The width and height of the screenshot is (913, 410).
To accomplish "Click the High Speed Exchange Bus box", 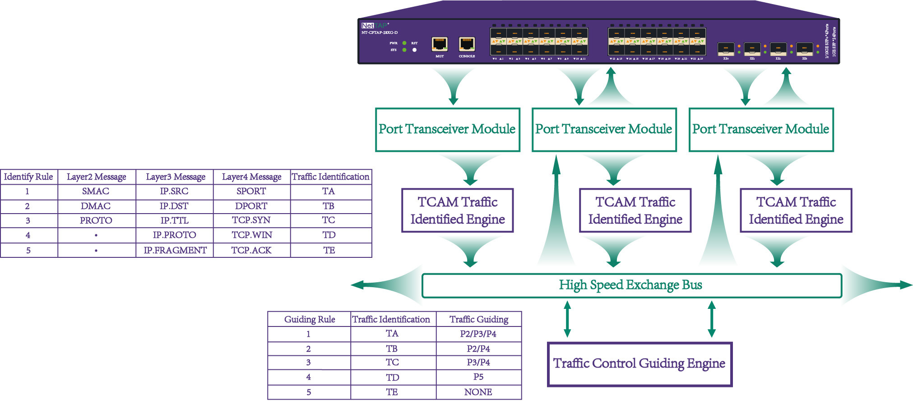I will click(x=631, y=285).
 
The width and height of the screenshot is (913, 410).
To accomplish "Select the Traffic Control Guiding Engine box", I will click(x=639, y=364).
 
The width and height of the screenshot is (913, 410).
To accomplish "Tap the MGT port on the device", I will click(x=439, y=44).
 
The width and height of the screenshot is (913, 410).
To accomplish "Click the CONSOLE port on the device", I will click(x=467, y=44).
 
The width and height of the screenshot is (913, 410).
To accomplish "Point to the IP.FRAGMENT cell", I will click(x=175, y=250).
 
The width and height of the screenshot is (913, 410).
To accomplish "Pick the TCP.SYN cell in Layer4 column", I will click(x=251, y=220).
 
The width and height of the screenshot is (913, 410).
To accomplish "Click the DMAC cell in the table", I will click(x=96, y=206).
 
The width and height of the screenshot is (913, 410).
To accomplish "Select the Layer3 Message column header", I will click(x=175, y=177).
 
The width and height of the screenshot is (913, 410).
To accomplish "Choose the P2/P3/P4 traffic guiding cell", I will click(x=478, y=334).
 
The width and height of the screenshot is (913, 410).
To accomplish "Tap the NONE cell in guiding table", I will click(x=478, y=392).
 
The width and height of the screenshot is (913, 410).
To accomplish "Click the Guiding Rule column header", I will click(x=310, y=320).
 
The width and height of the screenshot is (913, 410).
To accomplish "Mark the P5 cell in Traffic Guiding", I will click(x=478, y=377).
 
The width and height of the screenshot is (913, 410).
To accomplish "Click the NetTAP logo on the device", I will click(x=375, y=26).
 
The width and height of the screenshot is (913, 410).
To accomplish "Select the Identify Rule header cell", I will click(x=28, y=177).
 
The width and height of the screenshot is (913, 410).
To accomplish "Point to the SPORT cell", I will click(x=251, y=191).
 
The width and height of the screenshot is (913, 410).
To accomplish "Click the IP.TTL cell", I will click(x=174, y=220).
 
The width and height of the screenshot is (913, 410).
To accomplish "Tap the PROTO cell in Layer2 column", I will click(x=96, y=220).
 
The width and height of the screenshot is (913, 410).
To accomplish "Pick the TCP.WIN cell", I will click(x=251, y=235).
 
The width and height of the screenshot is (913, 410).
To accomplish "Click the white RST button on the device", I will click(x=414, y=50).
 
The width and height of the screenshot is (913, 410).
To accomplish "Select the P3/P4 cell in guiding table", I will click(x=478, y=363).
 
